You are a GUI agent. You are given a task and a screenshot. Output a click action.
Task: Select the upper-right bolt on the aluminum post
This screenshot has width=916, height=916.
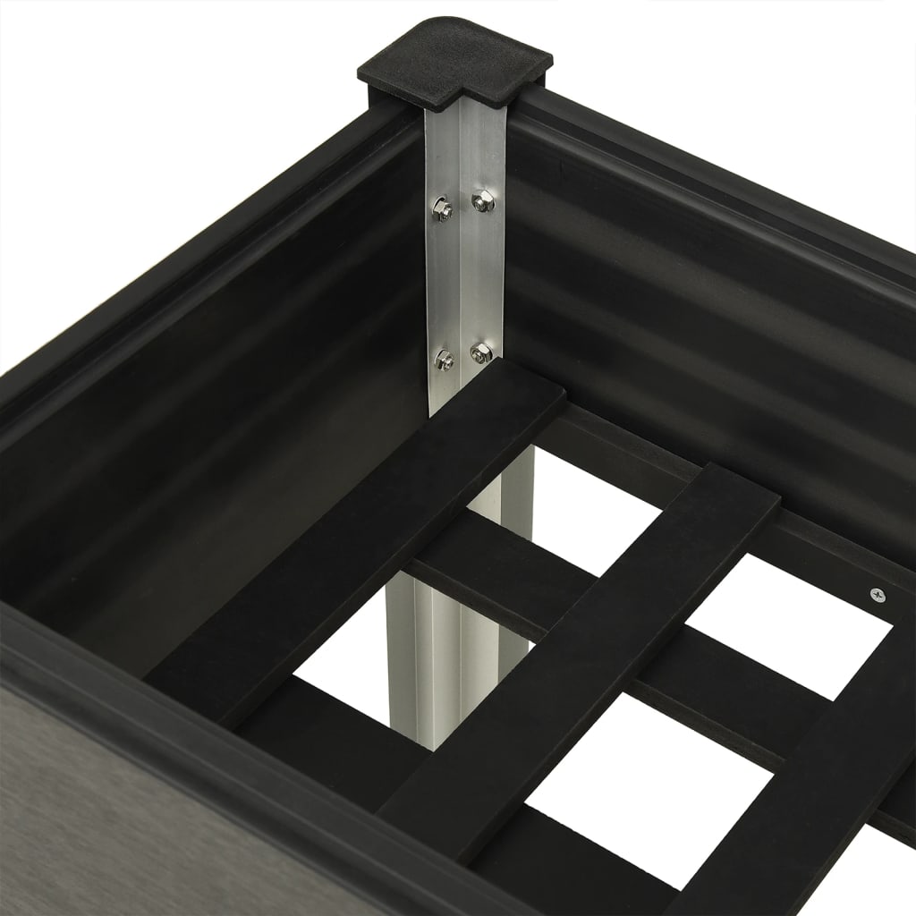pyautogui.click(x=481, y=202)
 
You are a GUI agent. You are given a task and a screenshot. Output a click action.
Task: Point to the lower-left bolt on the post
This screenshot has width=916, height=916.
pyautogui.click(x=443, y=360)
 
